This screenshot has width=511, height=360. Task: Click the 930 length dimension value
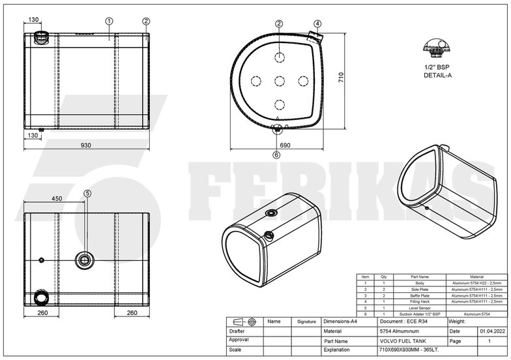point(85,145)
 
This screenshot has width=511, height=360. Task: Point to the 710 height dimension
point(339,76)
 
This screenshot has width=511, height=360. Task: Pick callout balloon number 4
point(317,23)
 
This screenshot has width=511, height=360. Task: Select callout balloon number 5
point(88,192)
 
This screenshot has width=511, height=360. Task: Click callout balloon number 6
point(277,155)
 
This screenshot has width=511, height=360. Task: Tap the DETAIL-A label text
point(437,76)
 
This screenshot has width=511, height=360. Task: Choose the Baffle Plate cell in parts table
point(418,295)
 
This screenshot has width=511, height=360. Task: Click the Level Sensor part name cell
point(418,307)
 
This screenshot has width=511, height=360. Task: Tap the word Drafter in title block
point(239,331)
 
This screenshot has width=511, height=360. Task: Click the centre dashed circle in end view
point(279,80)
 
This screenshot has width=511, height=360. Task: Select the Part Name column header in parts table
point(418,277)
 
